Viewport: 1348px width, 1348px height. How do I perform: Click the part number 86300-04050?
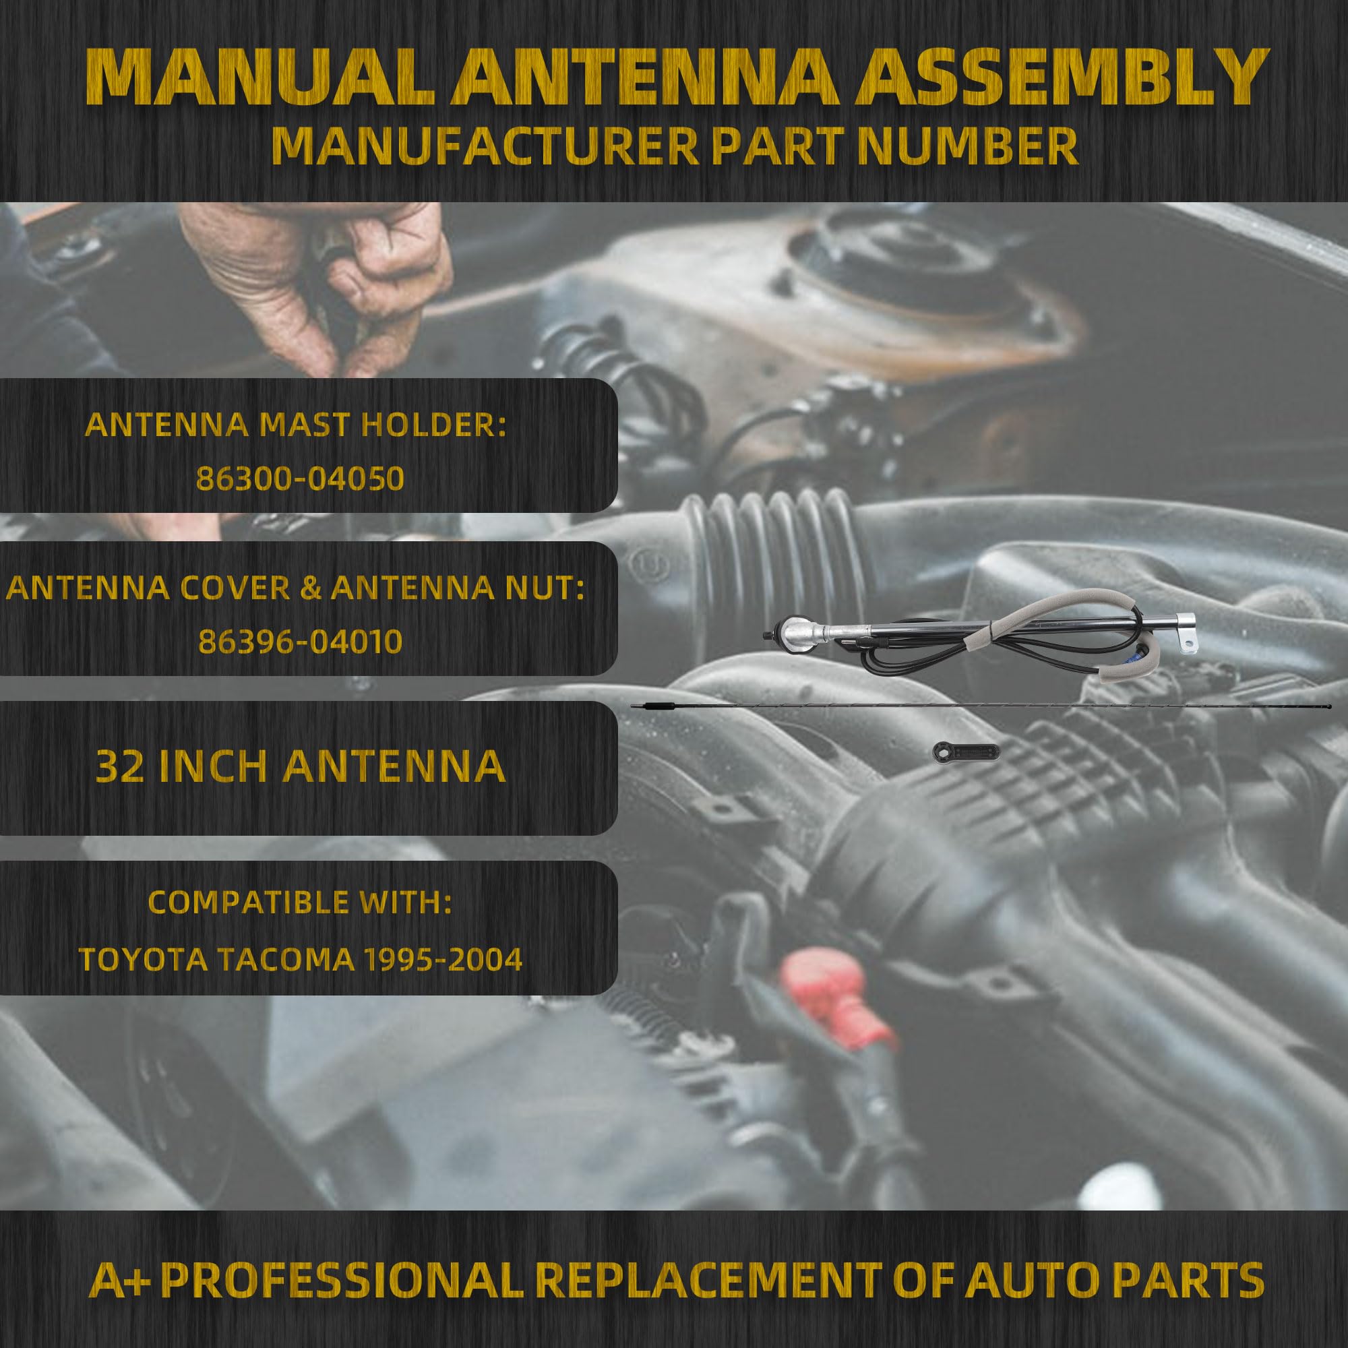point(301,479)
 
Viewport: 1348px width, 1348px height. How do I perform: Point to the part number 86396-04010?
point(301,642)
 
